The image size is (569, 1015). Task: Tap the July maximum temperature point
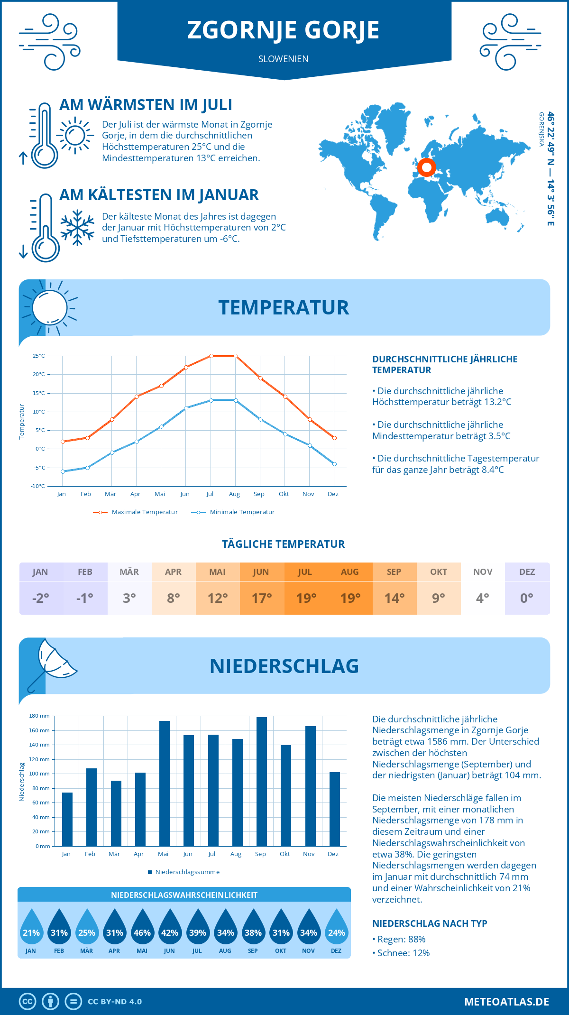point(211,356)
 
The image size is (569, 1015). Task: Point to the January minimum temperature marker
point(63,471)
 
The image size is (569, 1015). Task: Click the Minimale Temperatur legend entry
point(233,512)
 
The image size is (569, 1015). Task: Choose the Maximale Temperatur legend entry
point(136,512)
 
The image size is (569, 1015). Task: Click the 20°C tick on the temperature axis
point(39,374)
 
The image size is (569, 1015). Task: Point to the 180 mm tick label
point(39,716)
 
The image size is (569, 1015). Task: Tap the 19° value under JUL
point(306,598)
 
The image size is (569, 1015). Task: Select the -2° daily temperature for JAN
point(40,598)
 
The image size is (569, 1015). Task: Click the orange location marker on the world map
point(426,167)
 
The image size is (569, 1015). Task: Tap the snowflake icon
point(77,227)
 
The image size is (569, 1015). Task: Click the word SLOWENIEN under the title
point(284,59)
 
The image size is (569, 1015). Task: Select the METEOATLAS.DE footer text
point(506,1002)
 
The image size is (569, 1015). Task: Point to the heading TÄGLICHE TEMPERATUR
point(284,544)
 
